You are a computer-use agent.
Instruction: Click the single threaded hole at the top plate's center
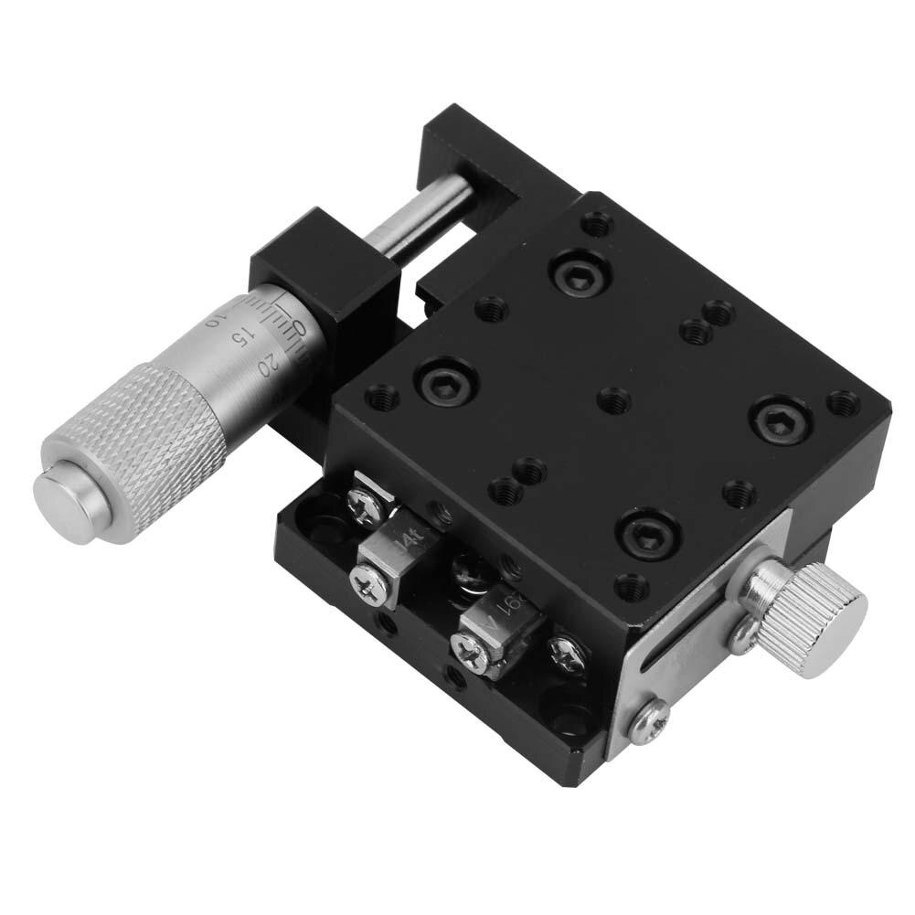613,399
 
